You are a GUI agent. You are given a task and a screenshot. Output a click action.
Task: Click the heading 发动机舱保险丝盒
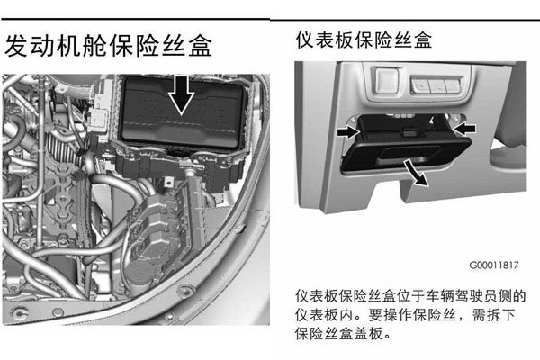pyautogui.click(x=109, y=46)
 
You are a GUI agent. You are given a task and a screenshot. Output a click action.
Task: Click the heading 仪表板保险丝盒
pyautogui.click(x=364, y=40)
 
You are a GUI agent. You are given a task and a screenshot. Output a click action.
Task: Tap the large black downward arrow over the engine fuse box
pyautogui.click(x=182, y=95)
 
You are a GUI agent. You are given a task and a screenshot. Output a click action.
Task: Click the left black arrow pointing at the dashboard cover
pyautogui.click(x=348, y=131)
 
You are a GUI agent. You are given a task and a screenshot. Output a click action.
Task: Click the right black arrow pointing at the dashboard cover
pyautogui.click(x=464, y=129)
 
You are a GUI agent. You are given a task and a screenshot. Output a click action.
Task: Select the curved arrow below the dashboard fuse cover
pyautogui.click(x=416, y=173)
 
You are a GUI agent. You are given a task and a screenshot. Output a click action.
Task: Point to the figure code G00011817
pyautogui.click(x=494, y=265)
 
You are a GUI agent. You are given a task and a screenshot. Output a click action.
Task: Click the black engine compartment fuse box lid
pyautogui.click(x=183, y=112)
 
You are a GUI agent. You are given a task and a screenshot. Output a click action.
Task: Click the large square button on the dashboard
pyautogui.click(x=387, y=81)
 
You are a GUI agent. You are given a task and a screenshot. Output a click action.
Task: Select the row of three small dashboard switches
pyautogui.click(x=436, y=85)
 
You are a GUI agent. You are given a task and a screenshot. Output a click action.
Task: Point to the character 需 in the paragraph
pyautogui.click(x=479, y=314)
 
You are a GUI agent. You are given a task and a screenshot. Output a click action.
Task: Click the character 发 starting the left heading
pyautogui.click(x=16, y=46)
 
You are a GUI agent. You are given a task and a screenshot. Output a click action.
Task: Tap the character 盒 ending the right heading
pyautogui.click(x=423, y=40)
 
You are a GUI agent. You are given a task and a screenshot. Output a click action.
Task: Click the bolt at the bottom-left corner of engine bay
pyautogui.click(x=20, y=313)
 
